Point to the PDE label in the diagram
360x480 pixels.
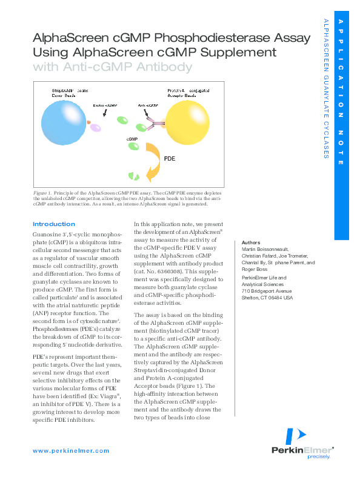[x=170, y=159]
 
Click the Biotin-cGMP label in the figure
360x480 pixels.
[x=104, y=105]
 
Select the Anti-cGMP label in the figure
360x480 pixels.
[x=148, y=104]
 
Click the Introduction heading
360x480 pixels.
[x=54, y=224]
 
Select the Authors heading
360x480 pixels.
[x=252, y=242]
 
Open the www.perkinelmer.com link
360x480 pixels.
[x=71, y=451]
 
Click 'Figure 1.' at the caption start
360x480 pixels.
[x=42, y=193]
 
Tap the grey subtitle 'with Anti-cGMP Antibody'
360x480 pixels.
[x=112, y=67]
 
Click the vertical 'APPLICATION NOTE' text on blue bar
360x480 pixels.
[x=341, y=91]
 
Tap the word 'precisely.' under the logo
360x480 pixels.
[x=319, y=457]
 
